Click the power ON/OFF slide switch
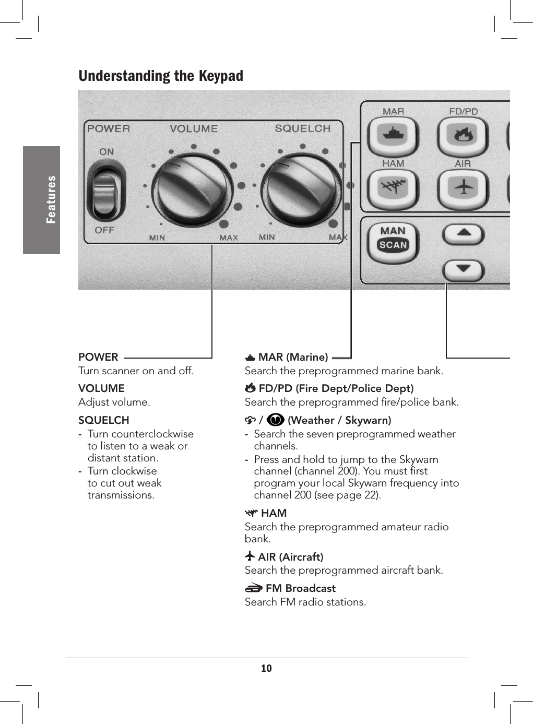pyautogui.click(x=106, y=191)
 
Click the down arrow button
pyautogui.click(x=464, y=269)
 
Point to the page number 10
pyautogui.click(x=266, y=668)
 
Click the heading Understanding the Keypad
pyautogui.click(x=161, y=76)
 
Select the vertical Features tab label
pyautogui.click(x=51, y=199)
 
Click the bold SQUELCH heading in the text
pyautogui.click(x=103, y=420)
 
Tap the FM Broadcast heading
pyautogui.click(x=300, y=588)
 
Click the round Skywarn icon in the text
pyautogui.click(x=275, y=420)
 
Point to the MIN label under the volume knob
pyautogui.click(x=157, y=238)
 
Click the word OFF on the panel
pyautogui.click(x=104, y=230)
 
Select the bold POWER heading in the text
pyautogui.click(x=98, y=357)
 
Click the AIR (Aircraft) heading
pyautogui.click(x=290, y=557)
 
